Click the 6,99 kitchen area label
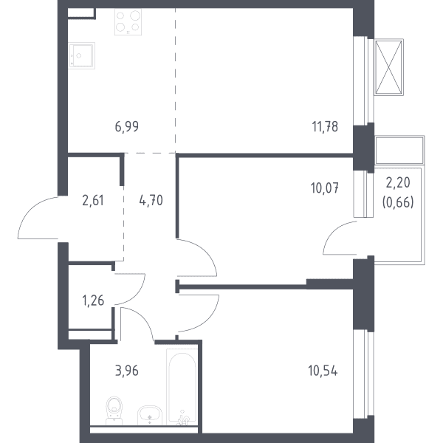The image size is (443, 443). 127,126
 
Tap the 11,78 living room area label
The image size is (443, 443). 325,126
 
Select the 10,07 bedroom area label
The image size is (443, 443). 325,188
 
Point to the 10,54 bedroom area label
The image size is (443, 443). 323,371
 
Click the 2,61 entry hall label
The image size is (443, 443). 93,201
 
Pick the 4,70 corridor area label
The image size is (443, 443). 151,201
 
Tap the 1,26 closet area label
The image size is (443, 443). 93,301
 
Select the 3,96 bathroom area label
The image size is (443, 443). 127,371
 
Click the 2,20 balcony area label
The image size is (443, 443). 398,183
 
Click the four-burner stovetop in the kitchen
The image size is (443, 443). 128,21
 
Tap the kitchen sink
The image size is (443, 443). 82,55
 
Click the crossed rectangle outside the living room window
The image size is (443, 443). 389,67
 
